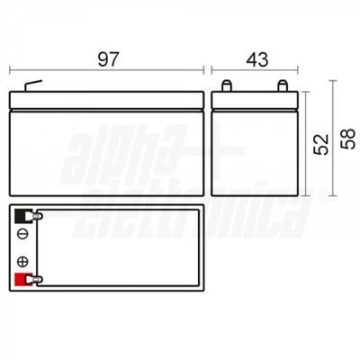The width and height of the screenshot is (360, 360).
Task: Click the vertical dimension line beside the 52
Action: pyautogui.click(x=307, y=144)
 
